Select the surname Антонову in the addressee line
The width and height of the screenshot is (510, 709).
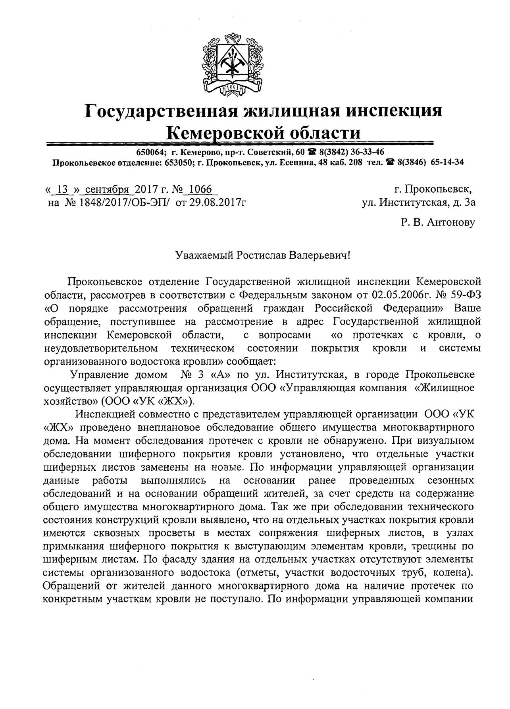coord(450,222)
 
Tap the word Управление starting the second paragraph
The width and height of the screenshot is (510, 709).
coord(99,375)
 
